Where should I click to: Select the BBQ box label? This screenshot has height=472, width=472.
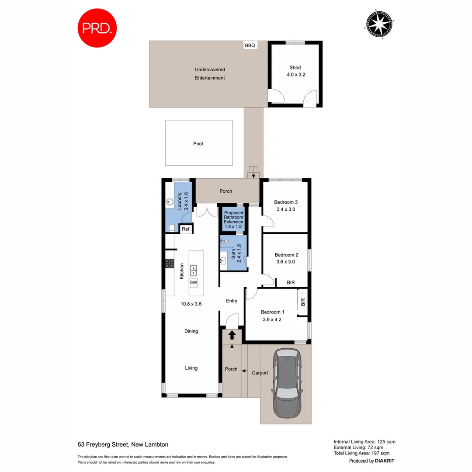(250, 45)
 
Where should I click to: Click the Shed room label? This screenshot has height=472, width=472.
(295, 68)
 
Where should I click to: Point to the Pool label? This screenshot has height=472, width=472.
(198, 143)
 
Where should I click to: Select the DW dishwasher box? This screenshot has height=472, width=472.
(193, 283)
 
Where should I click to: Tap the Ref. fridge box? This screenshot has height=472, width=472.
(185, 229)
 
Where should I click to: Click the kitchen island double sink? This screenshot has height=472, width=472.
(193, 271)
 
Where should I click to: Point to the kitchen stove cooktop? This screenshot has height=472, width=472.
(169, 264)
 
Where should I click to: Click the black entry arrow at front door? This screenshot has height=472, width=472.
(232, 335)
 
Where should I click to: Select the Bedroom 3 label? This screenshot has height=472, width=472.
(286, 202)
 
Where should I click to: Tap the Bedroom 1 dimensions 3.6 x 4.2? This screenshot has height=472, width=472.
(273, 319)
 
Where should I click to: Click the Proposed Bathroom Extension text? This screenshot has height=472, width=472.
(233, 217)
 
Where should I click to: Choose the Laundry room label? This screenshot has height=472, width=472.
(180, 201)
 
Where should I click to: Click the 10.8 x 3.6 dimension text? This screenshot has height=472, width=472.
(191, 304)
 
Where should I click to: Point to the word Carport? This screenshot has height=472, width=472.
(260, 373)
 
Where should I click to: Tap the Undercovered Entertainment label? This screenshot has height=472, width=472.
(210, 73)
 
